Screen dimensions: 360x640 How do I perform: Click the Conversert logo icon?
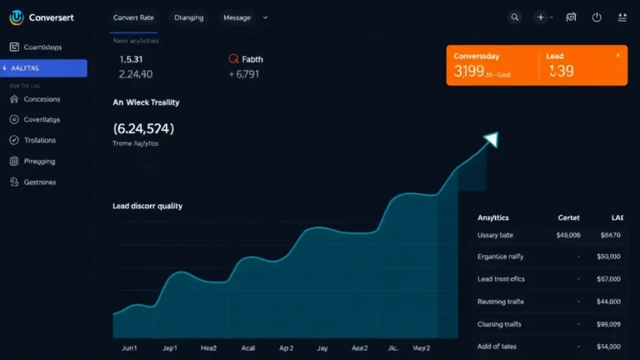coord(16,17)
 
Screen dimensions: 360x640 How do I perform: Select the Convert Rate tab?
coord(133,17)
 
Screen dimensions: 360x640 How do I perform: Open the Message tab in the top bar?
coord(237,17)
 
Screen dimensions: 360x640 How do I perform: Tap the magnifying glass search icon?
coord(515,17)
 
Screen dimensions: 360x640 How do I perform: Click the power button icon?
coord(597,17)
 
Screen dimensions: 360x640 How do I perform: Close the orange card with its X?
coord(617,55)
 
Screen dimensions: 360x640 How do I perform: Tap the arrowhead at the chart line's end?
coord(491,139)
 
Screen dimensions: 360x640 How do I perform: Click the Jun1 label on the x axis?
coord(130,348)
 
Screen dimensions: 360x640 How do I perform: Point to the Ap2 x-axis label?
coord(287,348)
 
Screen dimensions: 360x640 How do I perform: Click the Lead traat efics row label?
coord(501,279)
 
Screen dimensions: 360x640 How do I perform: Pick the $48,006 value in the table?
coord(567,236)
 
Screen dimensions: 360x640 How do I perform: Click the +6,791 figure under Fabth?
coord(244,74)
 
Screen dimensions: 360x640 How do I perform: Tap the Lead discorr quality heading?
coord(147,206)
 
